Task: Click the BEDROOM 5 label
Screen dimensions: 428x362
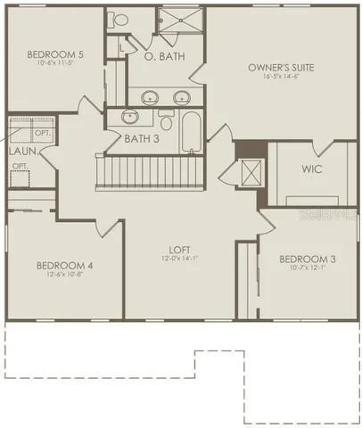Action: pos(54,54)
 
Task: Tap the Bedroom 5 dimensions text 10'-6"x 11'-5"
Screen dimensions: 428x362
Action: pos(54,64)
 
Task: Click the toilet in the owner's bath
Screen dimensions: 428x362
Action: pos(119,18)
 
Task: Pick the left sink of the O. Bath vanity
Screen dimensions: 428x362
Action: pos(145,96)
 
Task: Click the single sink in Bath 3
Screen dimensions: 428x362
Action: pos(130,116)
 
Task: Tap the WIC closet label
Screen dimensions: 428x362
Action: pos(311,167)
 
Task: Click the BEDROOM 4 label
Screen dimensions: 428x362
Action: pos(64,266)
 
